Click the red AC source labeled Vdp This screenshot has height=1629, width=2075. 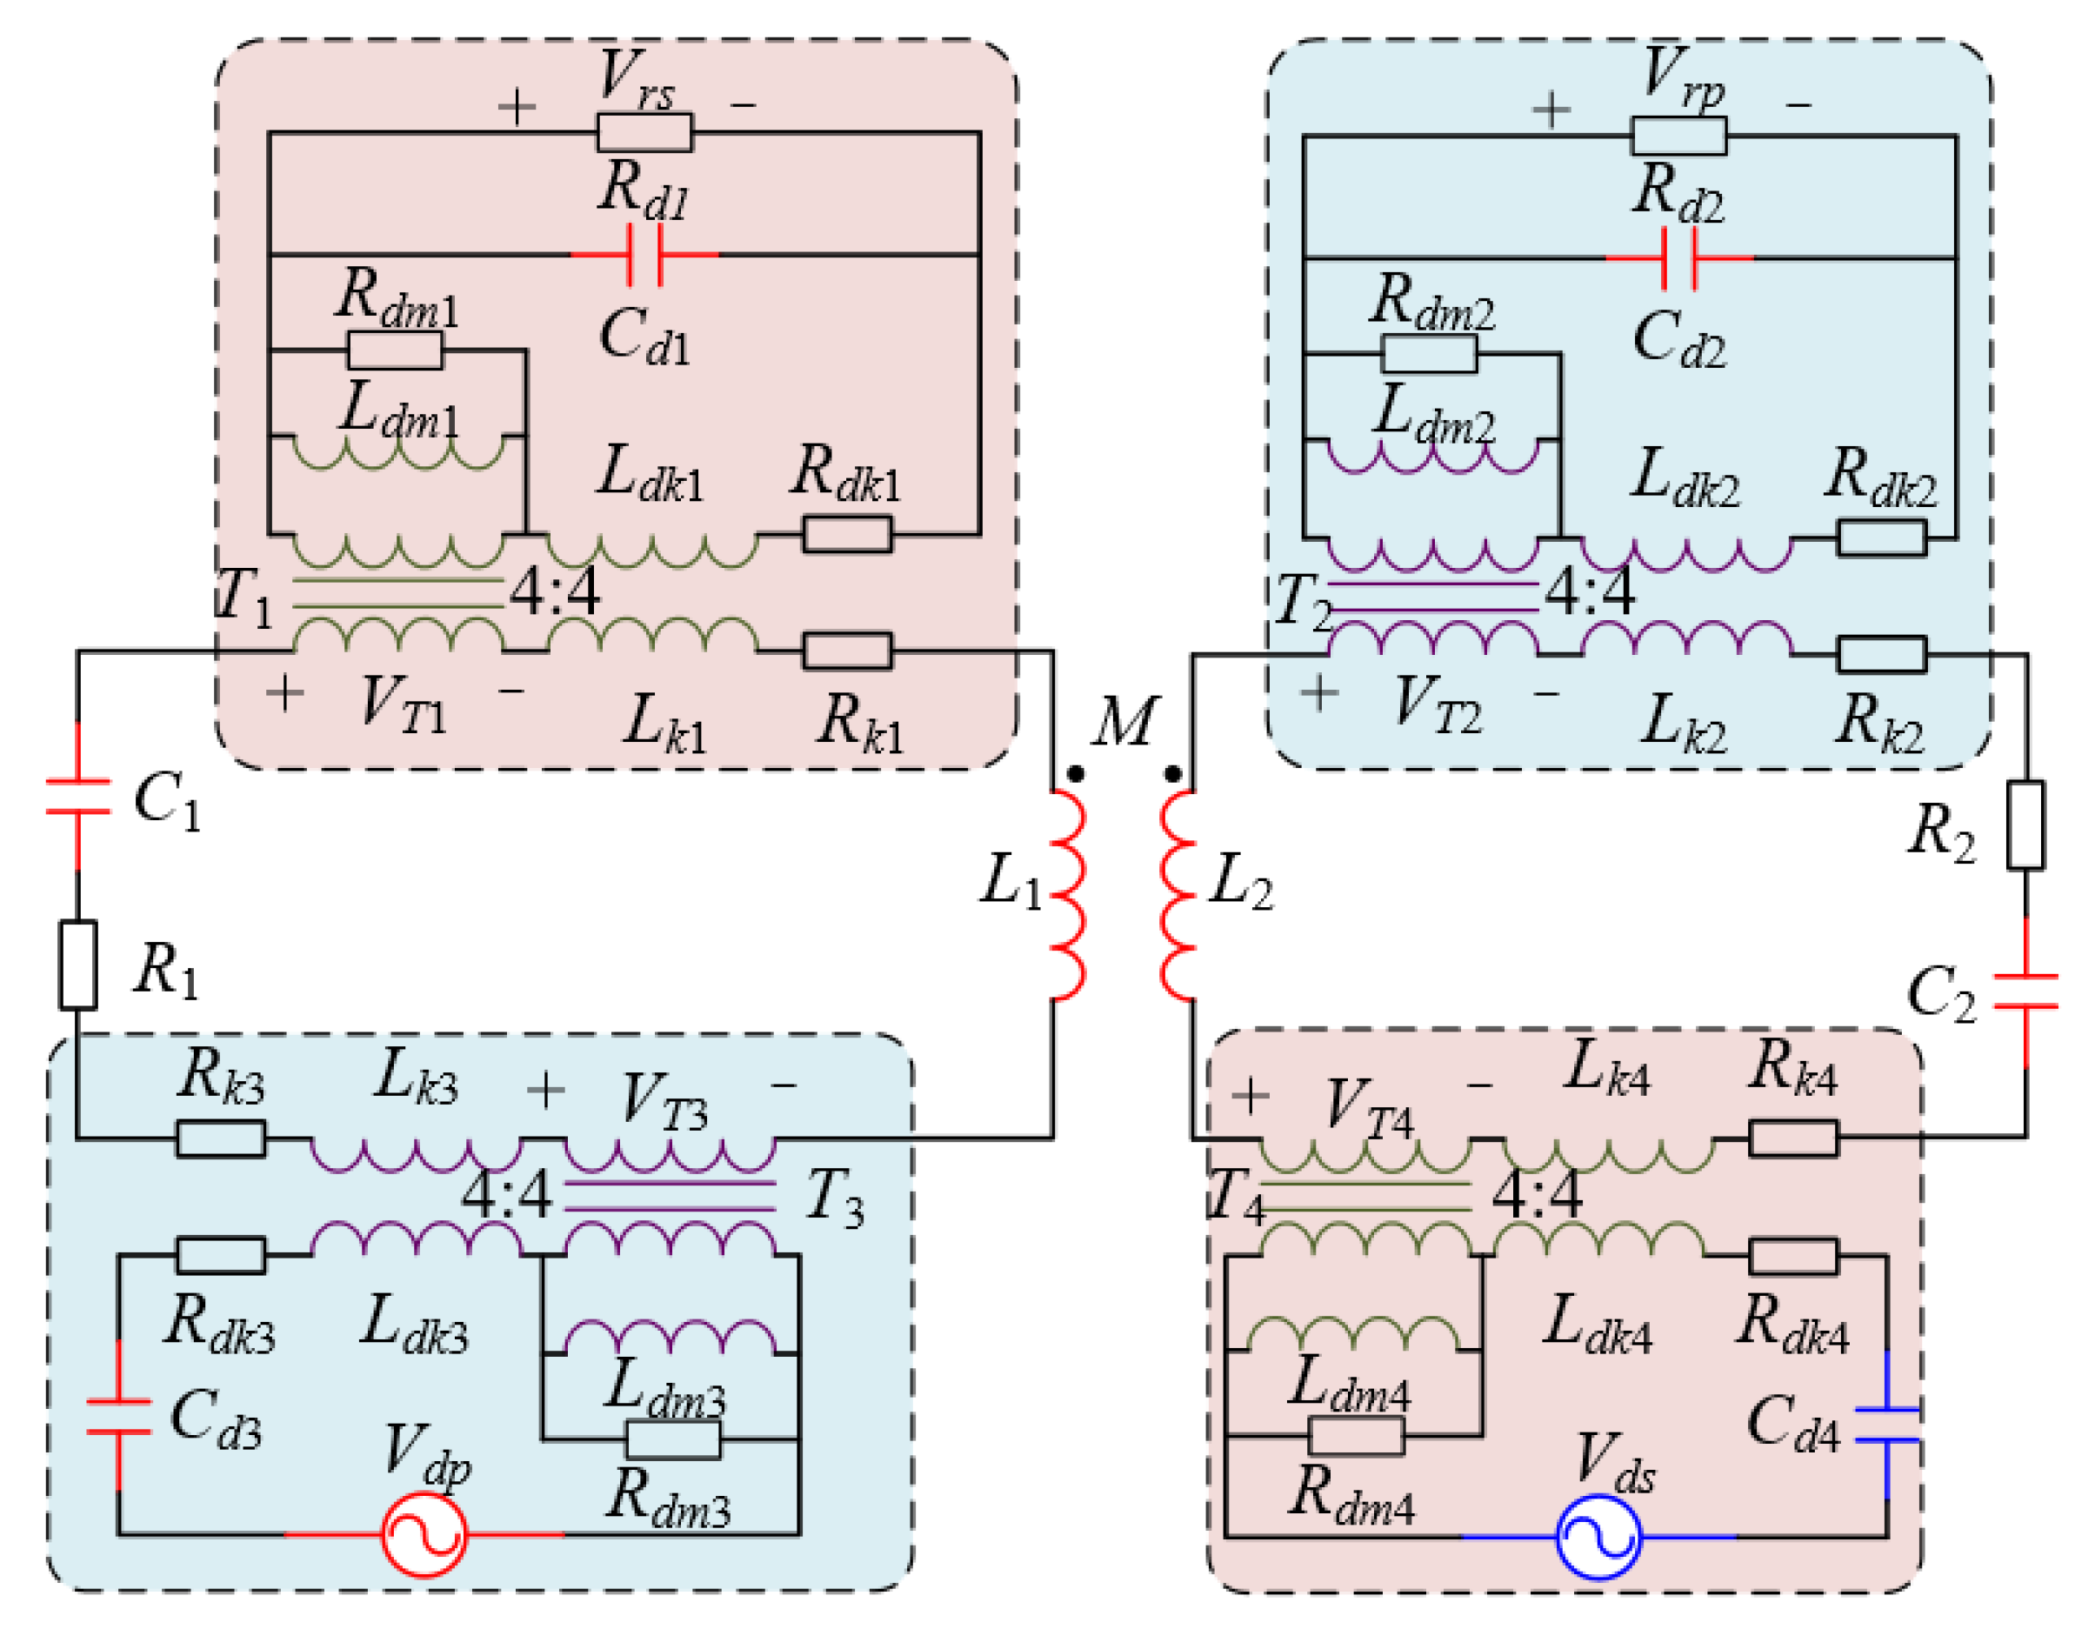pos(424,1534)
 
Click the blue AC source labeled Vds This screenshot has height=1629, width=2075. pos(1598,1537)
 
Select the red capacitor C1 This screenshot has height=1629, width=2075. pos(78,798)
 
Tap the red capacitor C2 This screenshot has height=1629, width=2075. pos(2025,991)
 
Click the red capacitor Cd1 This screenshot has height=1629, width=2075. pos(644,255)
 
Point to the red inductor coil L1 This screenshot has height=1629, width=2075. pos(1068,895)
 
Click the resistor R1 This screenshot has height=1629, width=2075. pos(78,965)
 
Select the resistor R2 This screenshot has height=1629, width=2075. pos(2025,825)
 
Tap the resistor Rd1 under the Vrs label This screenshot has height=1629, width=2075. pos(644,132)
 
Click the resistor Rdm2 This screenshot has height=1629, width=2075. pos(1429,354)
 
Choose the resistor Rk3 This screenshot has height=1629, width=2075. pos(221,1138)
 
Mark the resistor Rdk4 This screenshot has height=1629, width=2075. pos(1792,1257)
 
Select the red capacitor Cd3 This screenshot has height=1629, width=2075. pos(119,1416)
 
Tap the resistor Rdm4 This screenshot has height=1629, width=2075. pos(1356,1435)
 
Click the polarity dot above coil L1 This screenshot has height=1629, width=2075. pos(1075,773)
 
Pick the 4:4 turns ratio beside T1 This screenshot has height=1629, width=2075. pos(555,591)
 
